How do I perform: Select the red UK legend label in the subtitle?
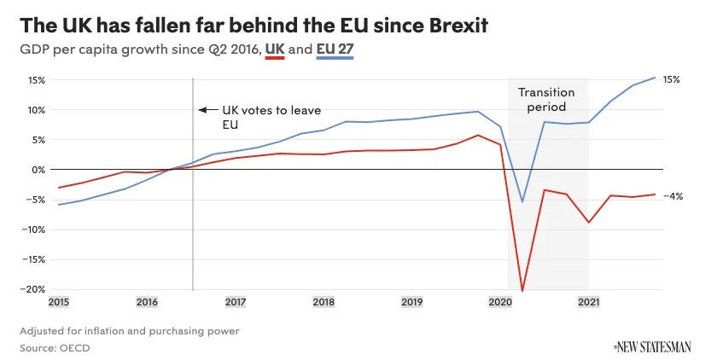(275, 49)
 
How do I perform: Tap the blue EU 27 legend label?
(335, 49)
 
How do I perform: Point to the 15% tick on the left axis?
(36, 80)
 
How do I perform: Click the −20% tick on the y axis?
(34, 289)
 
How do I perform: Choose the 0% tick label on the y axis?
(38, 170)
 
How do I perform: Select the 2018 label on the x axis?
(323, 302)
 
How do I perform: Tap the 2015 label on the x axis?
(59, 302)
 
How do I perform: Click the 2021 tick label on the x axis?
(588, 302)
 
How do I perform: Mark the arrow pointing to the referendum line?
(205, 109)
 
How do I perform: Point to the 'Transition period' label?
(547, 100)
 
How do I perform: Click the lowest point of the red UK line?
(522, 291)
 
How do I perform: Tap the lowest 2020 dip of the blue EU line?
(522, 202)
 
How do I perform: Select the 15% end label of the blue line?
(671, 79)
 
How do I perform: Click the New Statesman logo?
(653, 346)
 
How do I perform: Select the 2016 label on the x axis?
(147, 302)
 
